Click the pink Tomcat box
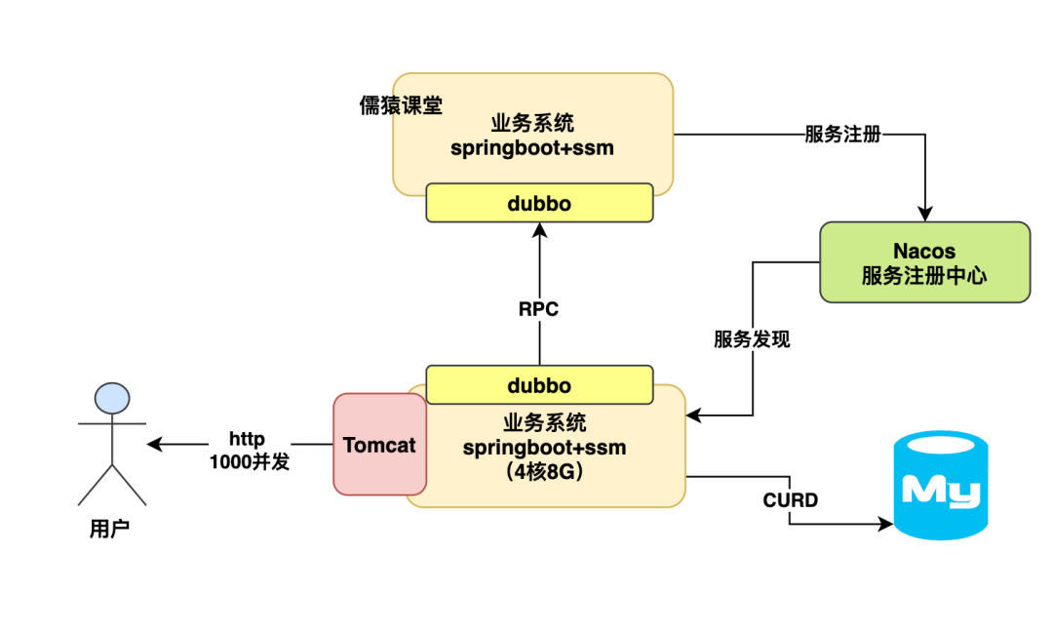379,445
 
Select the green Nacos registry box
924,262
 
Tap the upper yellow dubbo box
539,203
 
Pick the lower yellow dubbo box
539,385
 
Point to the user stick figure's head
112,398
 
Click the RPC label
538,309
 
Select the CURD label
790,500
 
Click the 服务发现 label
752,339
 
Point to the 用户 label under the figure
109,530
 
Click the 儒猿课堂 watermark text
401,105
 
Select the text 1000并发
250,461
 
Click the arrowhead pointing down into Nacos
924,215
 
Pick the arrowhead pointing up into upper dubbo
539,230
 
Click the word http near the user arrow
248,439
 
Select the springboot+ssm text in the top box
532,147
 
